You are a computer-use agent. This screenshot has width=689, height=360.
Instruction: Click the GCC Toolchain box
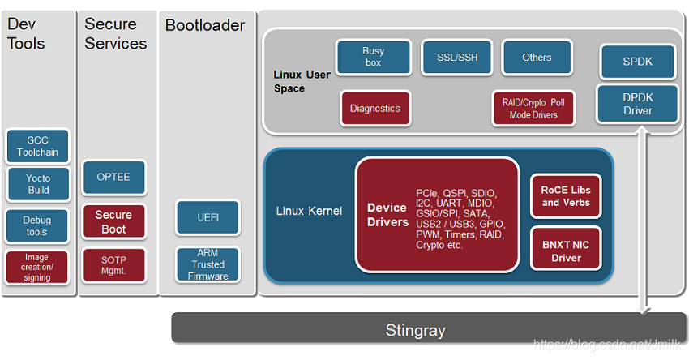click(x=38, y=146)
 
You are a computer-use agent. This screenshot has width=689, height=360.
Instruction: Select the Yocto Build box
click(x=38, y=184)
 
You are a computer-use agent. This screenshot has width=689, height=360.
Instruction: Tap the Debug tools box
click(x=37, y=226)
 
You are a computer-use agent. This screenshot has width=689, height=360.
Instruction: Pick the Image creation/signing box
click(x=37, y=267)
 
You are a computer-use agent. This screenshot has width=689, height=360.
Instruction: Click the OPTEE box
click(x=113, y=177)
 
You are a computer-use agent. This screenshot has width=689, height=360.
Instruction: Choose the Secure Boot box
click(x=113, y=221)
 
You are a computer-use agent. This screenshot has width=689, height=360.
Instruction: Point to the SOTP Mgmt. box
click(x=113, y=265)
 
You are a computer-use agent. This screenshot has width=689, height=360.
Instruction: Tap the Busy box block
click(x=373, y=57)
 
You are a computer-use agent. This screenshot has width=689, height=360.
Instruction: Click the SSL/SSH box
click(x=457, y=58)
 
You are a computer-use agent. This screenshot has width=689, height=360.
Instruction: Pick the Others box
click(x=537, y=58)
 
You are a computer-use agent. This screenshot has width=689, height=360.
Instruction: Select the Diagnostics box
click(x=375, y=108)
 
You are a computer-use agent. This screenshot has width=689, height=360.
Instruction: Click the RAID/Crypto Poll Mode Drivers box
click(x=533, y=109)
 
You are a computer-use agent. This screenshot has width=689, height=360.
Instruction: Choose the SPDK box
click(x=637, y=62)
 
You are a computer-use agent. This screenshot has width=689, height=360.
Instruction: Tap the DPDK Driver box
click(x=637, y=104)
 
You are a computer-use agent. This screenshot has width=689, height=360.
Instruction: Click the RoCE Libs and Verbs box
click(x=567, y=196)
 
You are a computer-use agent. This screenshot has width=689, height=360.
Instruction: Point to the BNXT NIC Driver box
click(x=567, y=251)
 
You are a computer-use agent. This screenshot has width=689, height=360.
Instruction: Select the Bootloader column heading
click(x=205, y=25)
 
